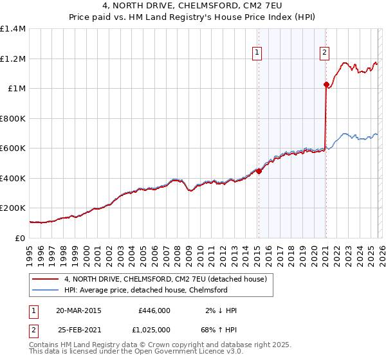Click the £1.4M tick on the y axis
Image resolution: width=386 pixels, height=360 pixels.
coord(13,29)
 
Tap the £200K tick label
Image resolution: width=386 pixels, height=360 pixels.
coord(13,208)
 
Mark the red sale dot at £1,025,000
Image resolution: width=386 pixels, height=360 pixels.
coord(326,84)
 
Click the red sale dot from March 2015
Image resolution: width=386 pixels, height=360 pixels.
coord(259,171)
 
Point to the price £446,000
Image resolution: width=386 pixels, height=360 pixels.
coord(154,310)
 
